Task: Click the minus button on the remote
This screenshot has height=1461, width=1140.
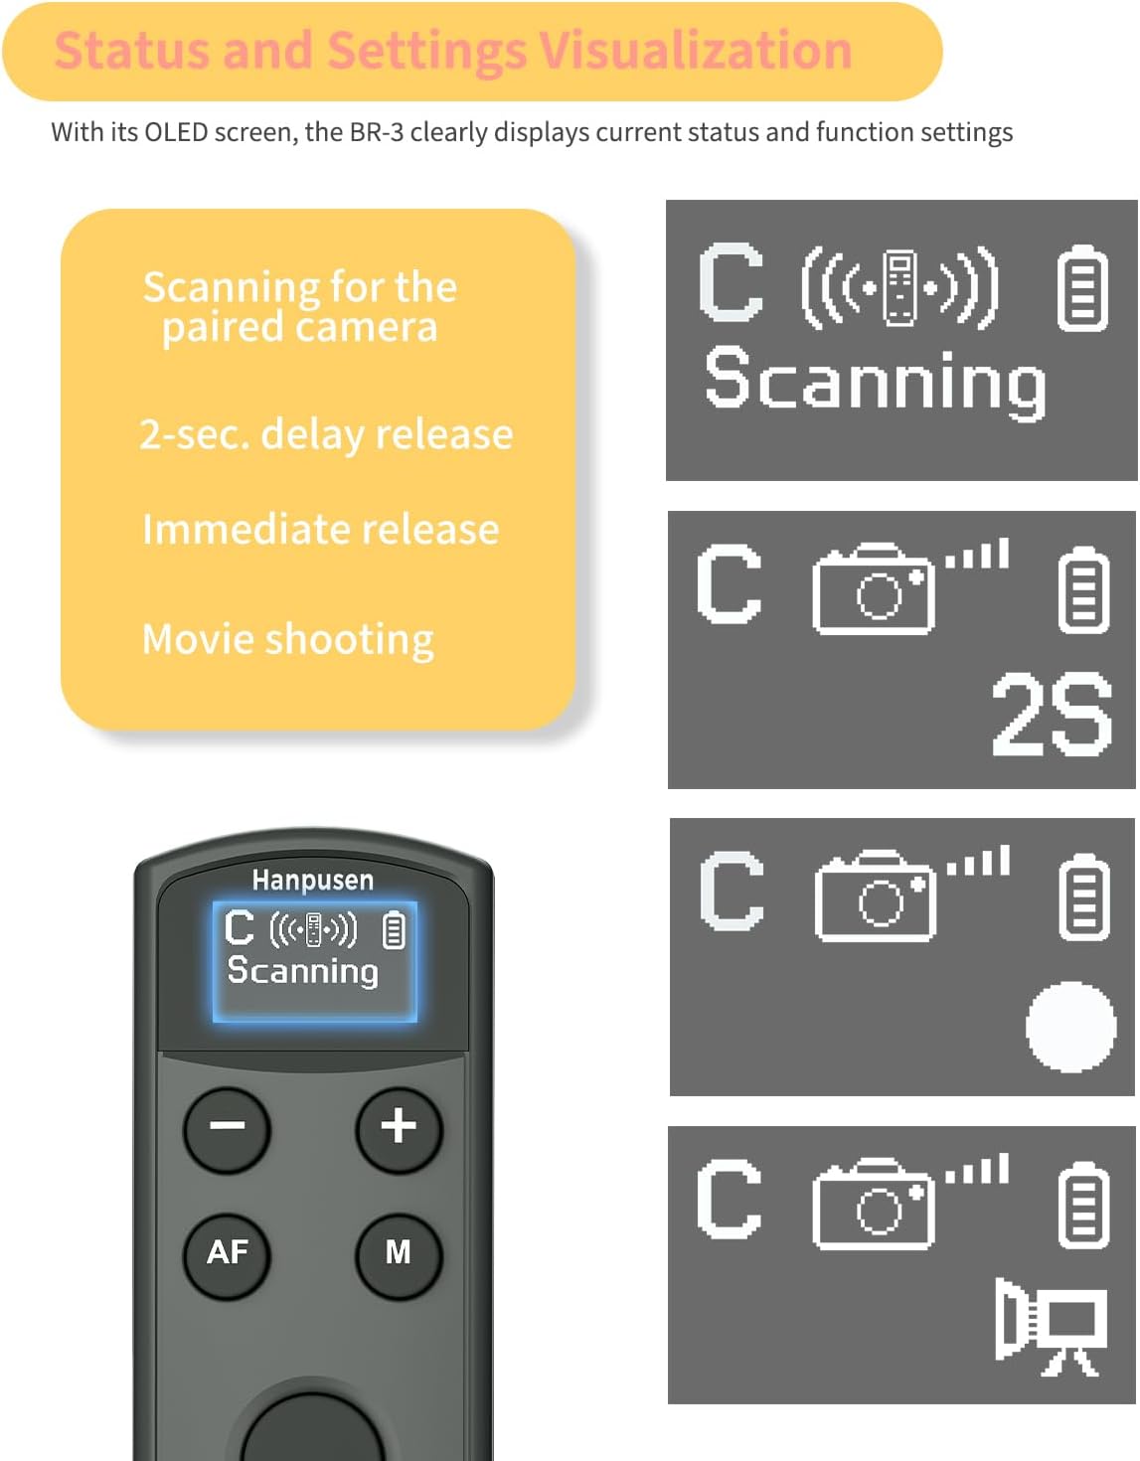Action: point(228,1127)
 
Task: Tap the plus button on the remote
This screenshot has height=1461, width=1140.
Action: point(399,1127)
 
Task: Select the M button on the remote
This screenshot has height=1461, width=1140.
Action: point(399,1252)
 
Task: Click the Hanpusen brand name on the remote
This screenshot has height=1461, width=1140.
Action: point(313,881)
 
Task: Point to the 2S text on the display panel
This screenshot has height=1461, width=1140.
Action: point(1052,713)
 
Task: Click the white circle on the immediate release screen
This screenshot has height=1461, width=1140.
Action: point(1070,1028)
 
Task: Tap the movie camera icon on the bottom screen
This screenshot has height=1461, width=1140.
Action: point(1051,1326)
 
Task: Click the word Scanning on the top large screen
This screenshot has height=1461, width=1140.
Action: point(875,382)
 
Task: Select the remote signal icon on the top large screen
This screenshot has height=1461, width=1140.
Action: point(899,288)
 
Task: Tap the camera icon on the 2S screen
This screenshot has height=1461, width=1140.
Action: point(873,589)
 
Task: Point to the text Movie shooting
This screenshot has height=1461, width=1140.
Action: point(288,639)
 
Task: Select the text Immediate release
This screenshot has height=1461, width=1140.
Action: point(320,529)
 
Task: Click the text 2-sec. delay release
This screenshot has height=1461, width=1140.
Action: point(326,434)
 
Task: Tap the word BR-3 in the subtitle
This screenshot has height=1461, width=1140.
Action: point(377,132)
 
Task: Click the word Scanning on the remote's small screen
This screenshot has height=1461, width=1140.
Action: point(302,970)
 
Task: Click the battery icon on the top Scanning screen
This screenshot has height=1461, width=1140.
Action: point(1081,288)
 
